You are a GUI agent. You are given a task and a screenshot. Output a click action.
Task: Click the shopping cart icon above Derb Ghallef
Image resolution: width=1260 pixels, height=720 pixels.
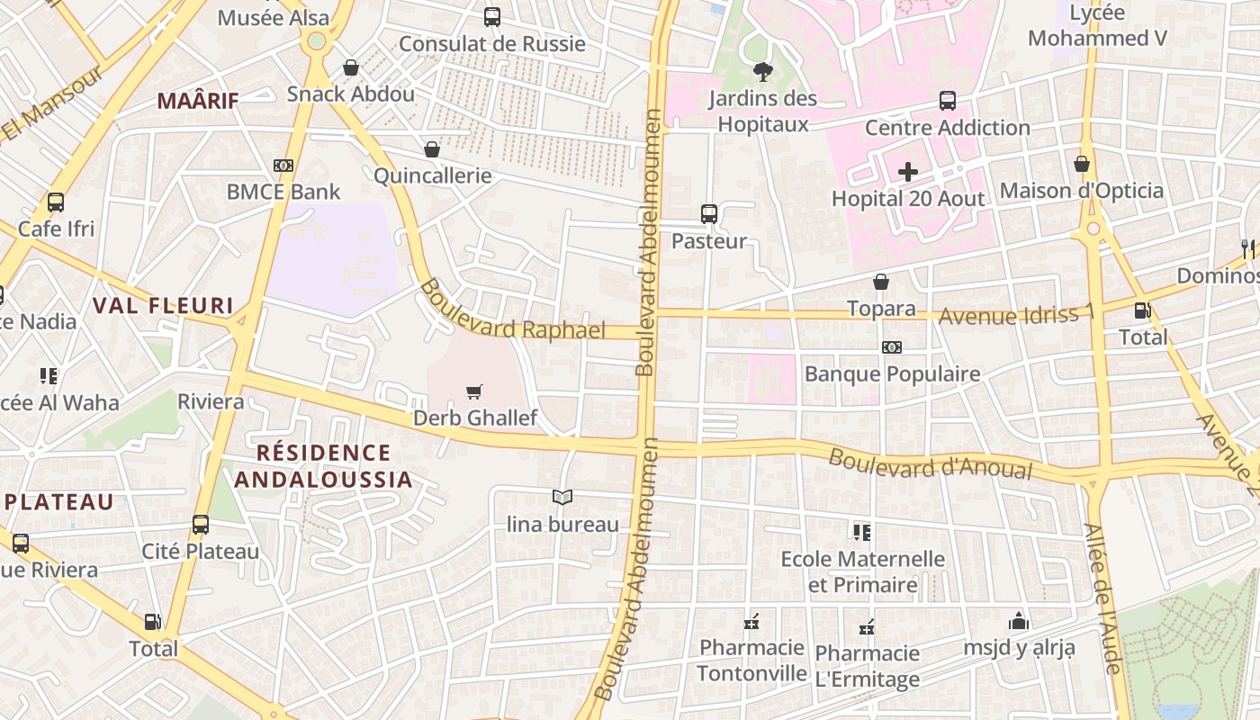[x=474, y=391]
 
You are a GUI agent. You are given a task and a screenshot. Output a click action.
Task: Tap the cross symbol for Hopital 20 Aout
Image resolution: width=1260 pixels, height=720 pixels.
[x=908, y=171]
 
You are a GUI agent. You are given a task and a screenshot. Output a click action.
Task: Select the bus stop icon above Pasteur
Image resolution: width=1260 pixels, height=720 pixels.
[x=709, y=214]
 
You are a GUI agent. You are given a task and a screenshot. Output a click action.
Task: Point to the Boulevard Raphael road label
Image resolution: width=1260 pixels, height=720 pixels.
[x=513, y=310]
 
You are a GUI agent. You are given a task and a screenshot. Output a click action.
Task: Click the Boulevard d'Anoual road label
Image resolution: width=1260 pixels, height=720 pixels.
[x=931, y=464]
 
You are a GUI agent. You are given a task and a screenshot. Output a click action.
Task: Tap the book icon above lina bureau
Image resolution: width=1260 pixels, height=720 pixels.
[x=562, y=497]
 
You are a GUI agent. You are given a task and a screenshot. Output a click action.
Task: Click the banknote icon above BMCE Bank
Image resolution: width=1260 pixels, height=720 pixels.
[x=283, y=166]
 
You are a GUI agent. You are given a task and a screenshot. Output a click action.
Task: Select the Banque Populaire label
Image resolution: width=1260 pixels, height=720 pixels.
[x=892, y=373]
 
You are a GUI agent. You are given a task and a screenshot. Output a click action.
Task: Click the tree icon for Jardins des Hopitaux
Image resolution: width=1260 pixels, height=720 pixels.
[x=762, y=72]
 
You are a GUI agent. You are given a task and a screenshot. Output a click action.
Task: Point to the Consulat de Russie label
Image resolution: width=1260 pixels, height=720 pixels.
[x=491, y=43]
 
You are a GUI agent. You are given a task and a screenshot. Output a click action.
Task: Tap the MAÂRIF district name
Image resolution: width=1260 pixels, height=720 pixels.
[x=198, y=101]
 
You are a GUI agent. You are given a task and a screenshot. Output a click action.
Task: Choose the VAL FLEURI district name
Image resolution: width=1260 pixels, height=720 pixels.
[x=163, y=306]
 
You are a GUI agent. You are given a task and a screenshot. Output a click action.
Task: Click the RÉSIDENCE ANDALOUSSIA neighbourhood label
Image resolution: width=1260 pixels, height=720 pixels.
[x=323, y=466]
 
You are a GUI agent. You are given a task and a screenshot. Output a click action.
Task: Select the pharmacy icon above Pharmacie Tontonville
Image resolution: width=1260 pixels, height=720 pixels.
[x=751, y=622]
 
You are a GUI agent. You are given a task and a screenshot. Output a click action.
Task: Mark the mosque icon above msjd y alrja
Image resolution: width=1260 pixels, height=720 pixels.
[x=1019, y=621]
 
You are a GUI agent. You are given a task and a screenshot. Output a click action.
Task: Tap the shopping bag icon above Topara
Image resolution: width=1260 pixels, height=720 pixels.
[x=881, y=283]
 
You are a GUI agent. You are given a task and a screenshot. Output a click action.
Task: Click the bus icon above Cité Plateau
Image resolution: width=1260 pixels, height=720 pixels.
[x=201, y=525]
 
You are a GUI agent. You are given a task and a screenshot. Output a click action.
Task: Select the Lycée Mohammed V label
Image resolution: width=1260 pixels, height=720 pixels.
[x=1097, y=25]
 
